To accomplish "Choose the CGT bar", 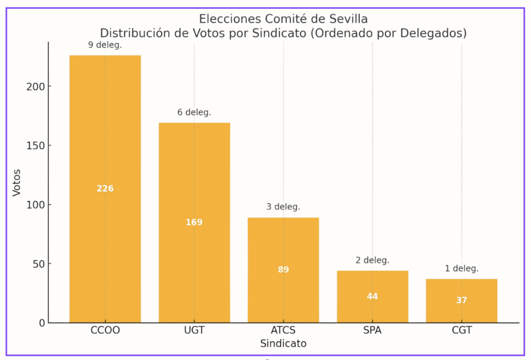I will click(x=462, y=311).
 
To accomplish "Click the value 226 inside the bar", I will click(x=105, y=188).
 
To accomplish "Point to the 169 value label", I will click(x=194, y=223).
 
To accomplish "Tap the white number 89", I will click(x=283, y=270).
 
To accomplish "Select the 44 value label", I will click(x=372, y=297).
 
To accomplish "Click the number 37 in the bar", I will click(x=462, y=300).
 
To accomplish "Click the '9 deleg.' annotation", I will click(x=105, y=45).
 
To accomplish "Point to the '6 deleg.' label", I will click(x=194, y=112).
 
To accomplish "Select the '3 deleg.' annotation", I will click(x=283, y=207).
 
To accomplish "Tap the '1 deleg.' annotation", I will click(x=462, y=269).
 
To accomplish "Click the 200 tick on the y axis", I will click(x=35, y=86).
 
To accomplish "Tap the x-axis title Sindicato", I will click(x=283, y=343).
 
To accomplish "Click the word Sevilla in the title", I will click(x=347, y=19).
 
